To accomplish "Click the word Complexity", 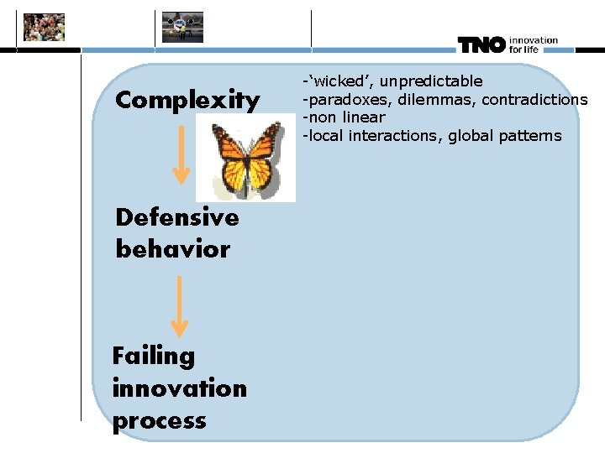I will [x=187, y=101].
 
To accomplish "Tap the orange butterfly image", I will [x=246, y=158].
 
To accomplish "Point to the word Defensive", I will [x=177, y=217].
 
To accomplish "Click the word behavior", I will [x=172, y=249].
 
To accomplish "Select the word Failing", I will [x=154, y=356].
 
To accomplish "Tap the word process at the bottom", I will [x=160, y=420].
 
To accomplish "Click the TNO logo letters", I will [x=481, y=45].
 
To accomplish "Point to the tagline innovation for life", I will [x=533, y=45].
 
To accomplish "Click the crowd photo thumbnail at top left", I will [x=44, y=27].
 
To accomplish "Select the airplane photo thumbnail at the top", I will [x=182, y=27].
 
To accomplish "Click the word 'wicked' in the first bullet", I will [x=339, y=81].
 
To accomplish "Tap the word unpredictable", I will [x=431, y=81].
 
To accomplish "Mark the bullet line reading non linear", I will [x=344, y=117].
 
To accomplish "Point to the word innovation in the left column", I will [x=180, y=388].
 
